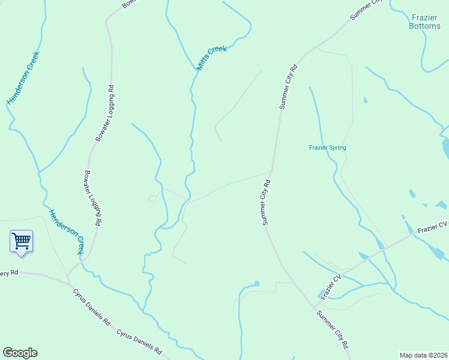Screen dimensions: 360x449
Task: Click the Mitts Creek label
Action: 212,58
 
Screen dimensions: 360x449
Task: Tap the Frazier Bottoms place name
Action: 424,22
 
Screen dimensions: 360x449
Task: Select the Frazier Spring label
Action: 327,148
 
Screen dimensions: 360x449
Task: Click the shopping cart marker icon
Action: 21,241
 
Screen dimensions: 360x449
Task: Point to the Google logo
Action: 20,353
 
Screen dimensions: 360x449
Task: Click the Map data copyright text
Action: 424,355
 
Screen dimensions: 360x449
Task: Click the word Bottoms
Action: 424,26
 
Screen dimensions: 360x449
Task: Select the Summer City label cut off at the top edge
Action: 366,9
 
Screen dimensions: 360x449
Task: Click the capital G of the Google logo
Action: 7,352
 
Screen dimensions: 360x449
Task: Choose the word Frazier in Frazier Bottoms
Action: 424,17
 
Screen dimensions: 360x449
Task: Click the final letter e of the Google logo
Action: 34,353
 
